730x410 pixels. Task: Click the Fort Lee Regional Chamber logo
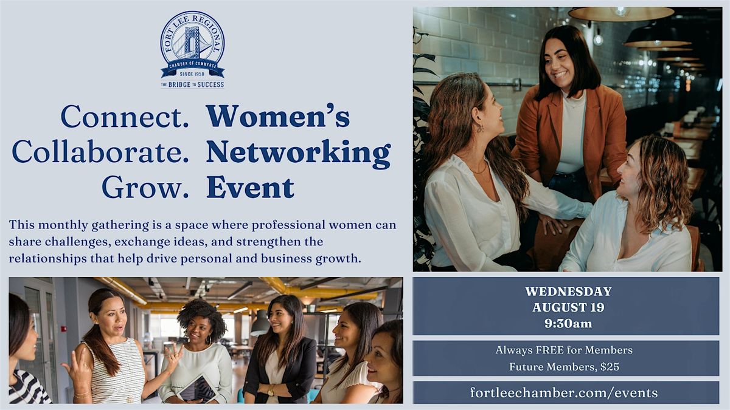click(192, 49)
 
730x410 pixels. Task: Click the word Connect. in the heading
click(125, 116)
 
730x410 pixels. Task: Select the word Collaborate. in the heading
click(100, 152)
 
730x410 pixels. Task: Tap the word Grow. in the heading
click(145, 188)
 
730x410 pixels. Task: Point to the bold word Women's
click(278, 116)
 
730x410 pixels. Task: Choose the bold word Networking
click(299, 154)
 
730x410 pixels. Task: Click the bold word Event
click(250, 188)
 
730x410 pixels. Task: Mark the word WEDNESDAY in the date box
click(568, 292)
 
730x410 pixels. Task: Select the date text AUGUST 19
click(568, 307)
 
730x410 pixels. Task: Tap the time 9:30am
click(568, 324)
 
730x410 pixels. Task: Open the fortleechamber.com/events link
click(564, 392)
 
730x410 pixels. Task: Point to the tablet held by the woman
click(198, 389)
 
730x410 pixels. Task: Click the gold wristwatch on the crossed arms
click(271, 390)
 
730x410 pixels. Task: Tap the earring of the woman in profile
click(480, 129)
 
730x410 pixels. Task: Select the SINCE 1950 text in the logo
click(192, 74)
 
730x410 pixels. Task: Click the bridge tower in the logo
click(192, 43)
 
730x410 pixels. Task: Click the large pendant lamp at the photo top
click(621, 13)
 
